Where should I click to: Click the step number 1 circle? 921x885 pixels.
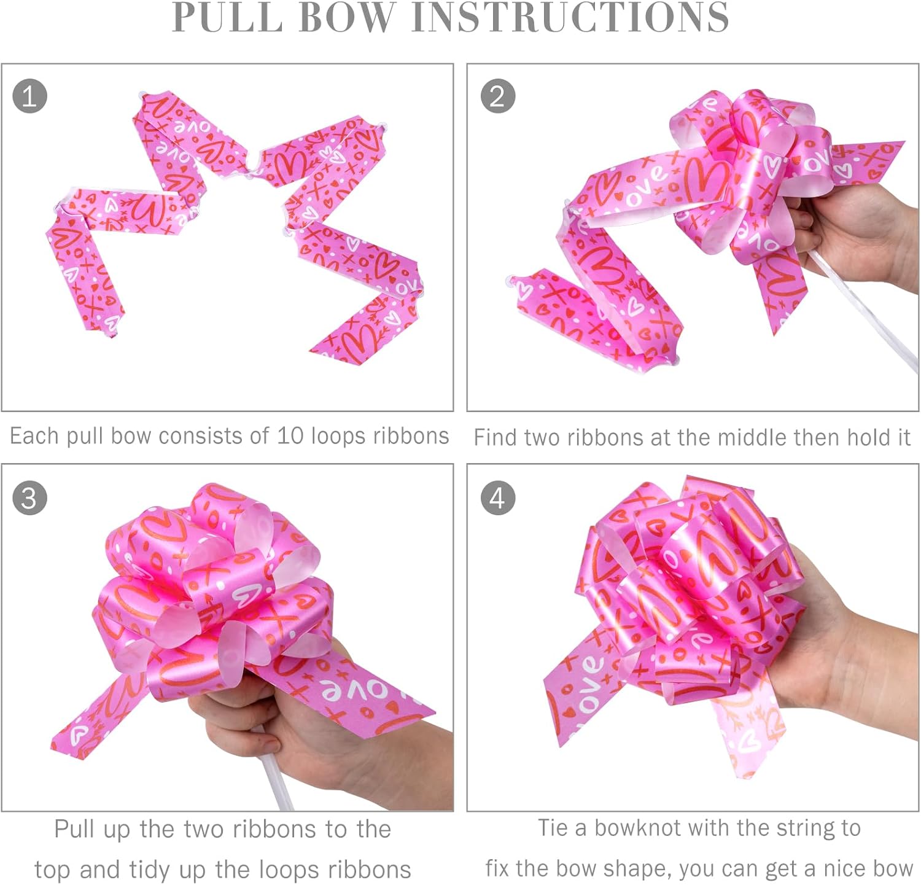29,97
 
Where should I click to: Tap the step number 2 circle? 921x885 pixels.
497,97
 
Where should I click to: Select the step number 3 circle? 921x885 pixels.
29,498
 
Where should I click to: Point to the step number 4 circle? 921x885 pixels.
497,498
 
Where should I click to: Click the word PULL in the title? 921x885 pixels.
227,17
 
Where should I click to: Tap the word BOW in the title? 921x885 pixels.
348,17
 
